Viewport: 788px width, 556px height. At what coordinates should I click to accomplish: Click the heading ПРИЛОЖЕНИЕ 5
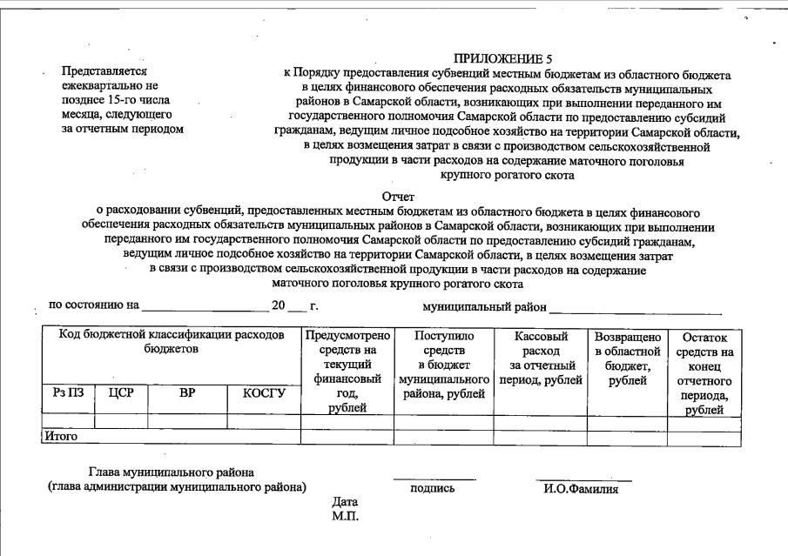coord(502,59)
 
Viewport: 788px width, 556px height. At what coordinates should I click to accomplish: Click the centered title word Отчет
coord(398,198)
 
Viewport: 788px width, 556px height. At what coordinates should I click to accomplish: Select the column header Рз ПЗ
coord(68,393)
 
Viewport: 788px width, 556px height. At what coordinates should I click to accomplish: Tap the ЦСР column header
coord(121,393)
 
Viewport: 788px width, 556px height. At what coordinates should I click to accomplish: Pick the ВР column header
coord(187,393)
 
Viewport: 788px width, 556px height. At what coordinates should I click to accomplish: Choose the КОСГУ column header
coord(264,393)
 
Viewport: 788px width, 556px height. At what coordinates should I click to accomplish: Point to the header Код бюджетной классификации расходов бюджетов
coord(172,342)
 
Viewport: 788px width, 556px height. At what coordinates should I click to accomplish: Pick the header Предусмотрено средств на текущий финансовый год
coord(347,372)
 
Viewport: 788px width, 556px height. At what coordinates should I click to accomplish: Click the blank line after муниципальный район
coord(635,311)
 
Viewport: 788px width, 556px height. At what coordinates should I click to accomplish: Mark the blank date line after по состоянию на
coord(204,311)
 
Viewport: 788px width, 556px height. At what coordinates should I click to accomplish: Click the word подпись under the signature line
coord(432,488)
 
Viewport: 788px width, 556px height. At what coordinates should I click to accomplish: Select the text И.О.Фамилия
coord(581,488)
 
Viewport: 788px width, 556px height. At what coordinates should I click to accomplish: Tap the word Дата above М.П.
coord(345,502)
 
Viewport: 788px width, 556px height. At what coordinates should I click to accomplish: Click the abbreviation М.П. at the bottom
coord(345,516)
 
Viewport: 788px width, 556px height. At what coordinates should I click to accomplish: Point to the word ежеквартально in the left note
coord(103,85)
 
